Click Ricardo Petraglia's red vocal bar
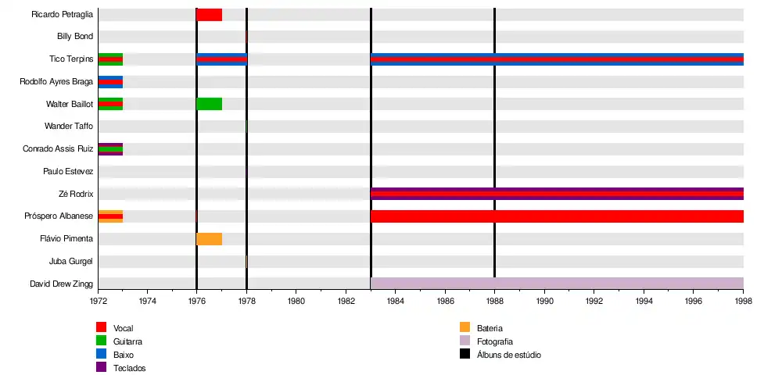(x=209, y=14)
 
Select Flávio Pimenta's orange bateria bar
(x=209, y=239)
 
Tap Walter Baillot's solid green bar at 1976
(x=209, y=104)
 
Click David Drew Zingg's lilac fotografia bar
(x=557, y=284)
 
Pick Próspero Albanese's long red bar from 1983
(x=557, y=216)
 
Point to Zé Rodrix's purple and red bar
(x=557, y=194)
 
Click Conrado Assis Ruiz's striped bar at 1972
(x=110, y=149)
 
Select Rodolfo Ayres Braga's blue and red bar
(x=110, y=81)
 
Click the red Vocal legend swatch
(x=101, y=327)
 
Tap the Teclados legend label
(x=129, y=368)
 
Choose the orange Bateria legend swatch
(x=465, y=327)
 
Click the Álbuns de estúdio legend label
(x=508, y=355)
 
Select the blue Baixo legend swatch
(x=101, y=354)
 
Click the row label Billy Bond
(x=75, y=37)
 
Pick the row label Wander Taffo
(x=69, y=127)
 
